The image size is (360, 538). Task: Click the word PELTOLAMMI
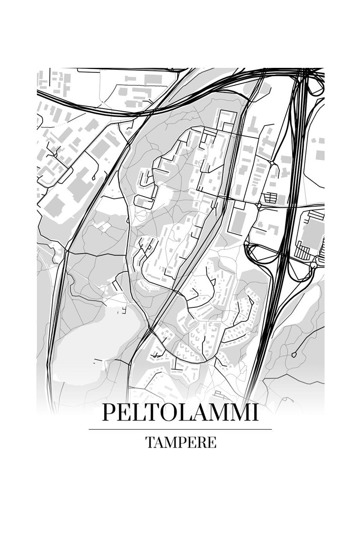click(180, 413)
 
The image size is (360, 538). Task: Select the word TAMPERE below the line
click(180, 443)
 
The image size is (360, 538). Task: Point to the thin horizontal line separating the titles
click(180, 429)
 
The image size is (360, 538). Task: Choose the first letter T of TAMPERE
click(150, 443)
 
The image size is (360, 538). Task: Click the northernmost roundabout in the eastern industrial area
click(271, 162)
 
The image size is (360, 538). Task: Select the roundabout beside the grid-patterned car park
click(259, 204)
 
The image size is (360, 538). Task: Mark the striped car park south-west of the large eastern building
click(302, 253)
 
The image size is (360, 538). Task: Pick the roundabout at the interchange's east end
click(313, 265)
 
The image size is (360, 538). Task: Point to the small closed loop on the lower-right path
click(294, 354)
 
